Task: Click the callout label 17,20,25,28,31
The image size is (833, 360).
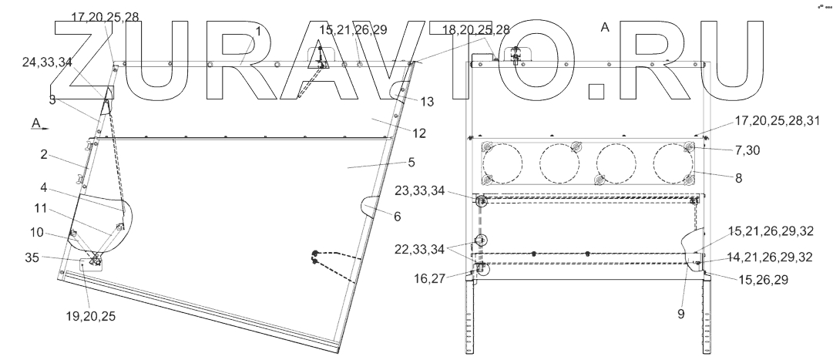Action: point(778,122)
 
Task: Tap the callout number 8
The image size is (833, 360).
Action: point(738,178)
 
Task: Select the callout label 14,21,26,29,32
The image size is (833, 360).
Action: point(770,257)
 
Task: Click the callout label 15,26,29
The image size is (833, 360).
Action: point(764,279)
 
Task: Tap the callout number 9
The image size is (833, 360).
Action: point(680,315)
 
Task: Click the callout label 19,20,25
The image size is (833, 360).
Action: point(91,316)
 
